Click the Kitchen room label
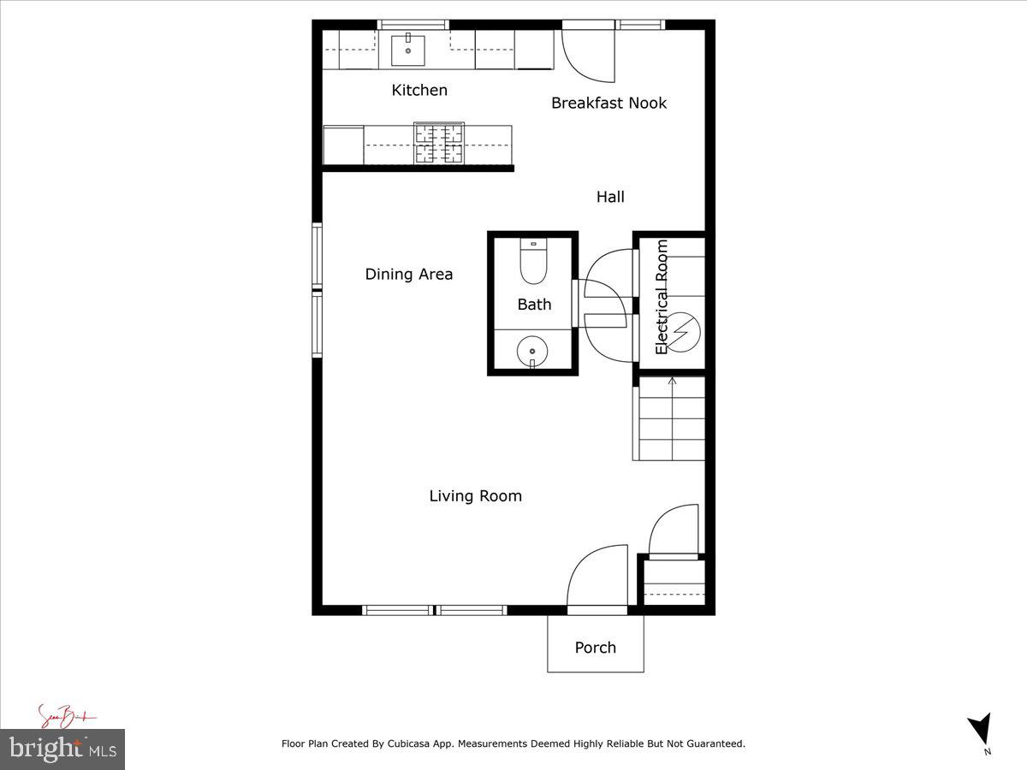pyautogui.click(x=419, y=90)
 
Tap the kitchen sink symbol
pyautogui.click(x=408, y=50)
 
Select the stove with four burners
pyautogui.click(x=440, y=143)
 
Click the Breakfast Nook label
pyautogui.click(x=608, y=103)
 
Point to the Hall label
pyautogui.click(x=610, y=197)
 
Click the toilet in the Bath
pyautogui.click(x=533, y=262)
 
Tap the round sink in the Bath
pyautogui.click(x=532, y=351)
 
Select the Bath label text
pyautogui.click(x=534, y=304)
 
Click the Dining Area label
pyautogui.click(x=409, y=274)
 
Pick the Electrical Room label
pyautogui.click(x=662, y=297)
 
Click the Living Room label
pyautogui.click(x=475, y=495)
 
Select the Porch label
pyautogui.click(x=595, y=647)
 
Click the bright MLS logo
pyautogui.click(x=62, y=749)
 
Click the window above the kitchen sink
pyautogui.click(x=413, y=24)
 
